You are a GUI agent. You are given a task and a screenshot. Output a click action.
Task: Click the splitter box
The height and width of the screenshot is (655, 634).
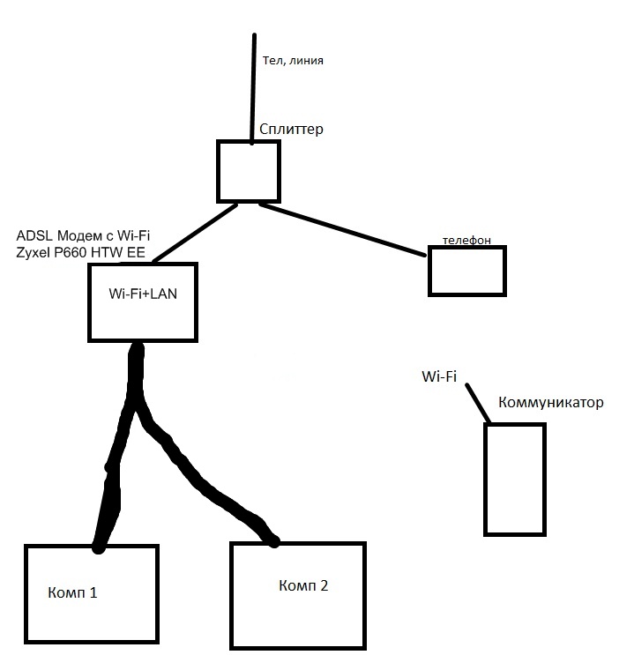249,171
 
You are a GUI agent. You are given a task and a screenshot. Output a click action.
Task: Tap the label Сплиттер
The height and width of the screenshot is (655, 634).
291,130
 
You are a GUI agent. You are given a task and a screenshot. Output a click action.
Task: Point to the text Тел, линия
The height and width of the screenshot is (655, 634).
293,61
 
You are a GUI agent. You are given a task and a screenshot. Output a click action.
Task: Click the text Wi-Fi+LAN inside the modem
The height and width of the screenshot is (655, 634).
142,294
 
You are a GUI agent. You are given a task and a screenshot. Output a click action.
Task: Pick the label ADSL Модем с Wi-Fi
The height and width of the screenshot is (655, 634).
84,237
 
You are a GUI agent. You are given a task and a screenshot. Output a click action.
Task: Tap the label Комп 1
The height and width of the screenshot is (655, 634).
72,592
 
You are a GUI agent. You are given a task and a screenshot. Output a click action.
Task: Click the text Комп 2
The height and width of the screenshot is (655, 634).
303,585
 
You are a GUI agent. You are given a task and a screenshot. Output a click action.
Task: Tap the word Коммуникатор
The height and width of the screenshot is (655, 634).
551,403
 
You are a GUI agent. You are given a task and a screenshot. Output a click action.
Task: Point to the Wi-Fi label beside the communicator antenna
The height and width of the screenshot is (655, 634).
438,377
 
